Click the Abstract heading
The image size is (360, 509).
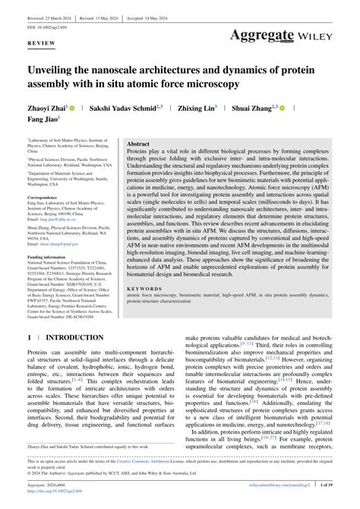pos(138,143)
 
